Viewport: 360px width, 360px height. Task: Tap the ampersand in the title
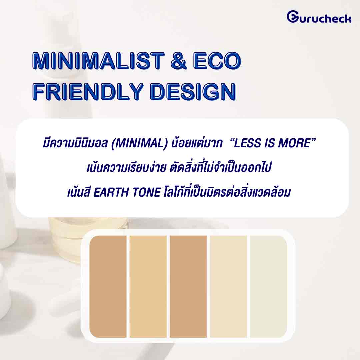point(179,61)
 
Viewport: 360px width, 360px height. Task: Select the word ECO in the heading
point(217,61)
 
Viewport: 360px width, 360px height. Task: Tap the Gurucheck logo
point(319,17)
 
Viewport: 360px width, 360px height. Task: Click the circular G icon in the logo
point(293,17)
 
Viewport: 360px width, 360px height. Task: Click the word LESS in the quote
point(247,143)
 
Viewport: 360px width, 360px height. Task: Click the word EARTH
point(111,192)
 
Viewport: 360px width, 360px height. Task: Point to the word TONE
point(146,192)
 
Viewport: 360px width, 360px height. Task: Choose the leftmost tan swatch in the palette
point(108,287)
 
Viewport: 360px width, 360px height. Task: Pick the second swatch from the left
point(148,287)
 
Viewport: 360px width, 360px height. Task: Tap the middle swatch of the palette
point(188,287)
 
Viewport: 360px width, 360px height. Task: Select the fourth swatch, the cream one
point(228,287)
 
